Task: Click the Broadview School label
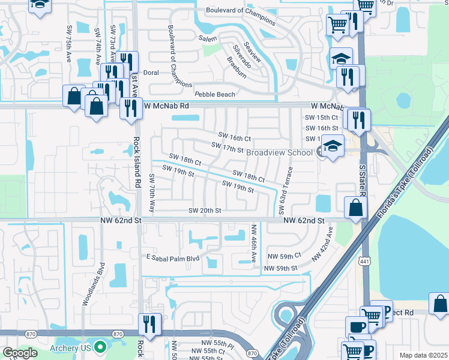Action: coord(279,152)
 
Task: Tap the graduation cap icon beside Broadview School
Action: coord(332,146)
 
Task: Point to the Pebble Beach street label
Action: coord(215,95)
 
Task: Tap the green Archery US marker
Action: coord(100,347)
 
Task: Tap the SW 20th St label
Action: coord(205,211)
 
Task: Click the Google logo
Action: coord(20,353)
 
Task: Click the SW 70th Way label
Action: coord(152,194)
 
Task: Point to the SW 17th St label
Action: coord(228,148)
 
